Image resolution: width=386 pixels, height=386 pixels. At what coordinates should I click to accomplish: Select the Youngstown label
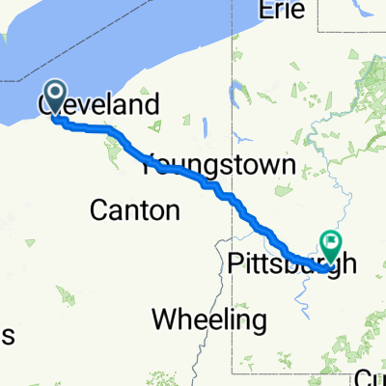(x=218, y=167)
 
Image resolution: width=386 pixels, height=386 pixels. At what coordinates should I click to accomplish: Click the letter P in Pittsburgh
(x=238, y=262)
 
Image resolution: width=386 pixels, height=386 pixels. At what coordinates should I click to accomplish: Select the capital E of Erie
(x=267, y=11)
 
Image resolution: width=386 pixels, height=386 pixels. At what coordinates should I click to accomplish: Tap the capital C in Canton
(x=98, y=208)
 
